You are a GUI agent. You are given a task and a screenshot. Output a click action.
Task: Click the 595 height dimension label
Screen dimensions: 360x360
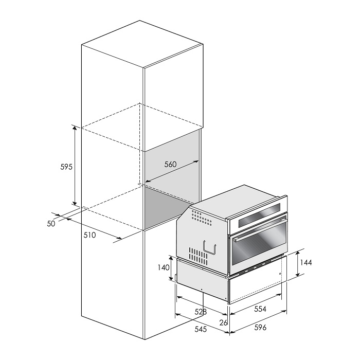[66, 167]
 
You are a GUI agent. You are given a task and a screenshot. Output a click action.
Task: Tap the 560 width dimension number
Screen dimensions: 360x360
[171, 165]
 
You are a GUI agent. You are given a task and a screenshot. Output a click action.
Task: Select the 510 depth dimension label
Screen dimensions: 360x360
[89, 235]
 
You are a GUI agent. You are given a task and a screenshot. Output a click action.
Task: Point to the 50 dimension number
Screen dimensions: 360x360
[51, 224]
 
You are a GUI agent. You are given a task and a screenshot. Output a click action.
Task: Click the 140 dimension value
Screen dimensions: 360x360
[164, 267]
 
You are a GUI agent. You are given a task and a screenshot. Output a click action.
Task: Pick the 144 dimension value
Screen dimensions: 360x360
[306, 262]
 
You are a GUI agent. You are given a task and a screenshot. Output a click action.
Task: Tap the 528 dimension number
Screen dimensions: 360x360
[201, 312]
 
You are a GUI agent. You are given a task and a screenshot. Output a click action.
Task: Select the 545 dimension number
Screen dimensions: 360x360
[201, 329]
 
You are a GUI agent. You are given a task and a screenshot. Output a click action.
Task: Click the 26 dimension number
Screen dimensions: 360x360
[223, 322]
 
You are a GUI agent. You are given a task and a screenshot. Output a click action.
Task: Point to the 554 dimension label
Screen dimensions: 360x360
[260, 309]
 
